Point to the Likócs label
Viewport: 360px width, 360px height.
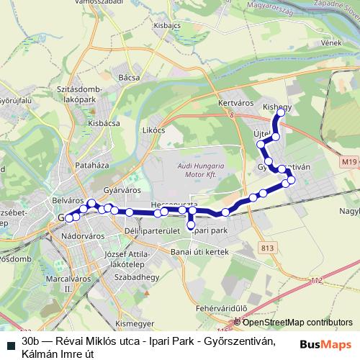coord(154,130)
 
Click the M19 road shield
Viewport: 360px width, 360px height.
coord(349,162)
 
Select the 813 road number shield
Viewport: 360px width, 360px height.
coord(268,248)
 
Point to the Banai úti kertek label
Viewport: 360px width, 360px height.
coord(199,251)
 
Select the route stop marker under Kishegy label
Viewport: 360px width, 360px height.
coord(281,113)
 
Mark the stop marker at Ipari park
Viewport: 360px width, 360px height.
coord(191,225)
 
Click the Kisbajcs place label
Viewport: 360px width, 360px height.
coord(166,24)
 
